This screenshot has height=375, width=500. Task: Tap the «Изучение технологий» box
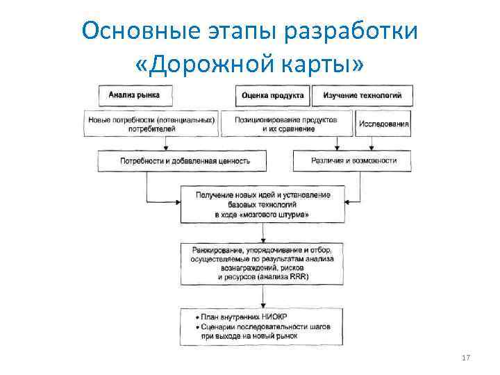click(x=362, y=95)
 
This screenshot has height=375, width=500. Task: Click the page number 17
click(x=466, y=358)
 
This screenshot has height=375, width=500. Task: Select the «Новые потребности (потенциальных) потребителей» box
click(x=151, y=124)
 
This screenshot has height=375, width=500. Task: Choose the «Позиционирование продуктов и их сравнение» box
click(x=285, y=124)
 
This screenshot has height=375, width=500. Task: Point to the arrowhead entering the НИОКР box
click(x=262, y=305)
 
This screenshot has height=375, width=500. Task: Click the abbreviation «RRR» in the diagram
click(x=298, y=277)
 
